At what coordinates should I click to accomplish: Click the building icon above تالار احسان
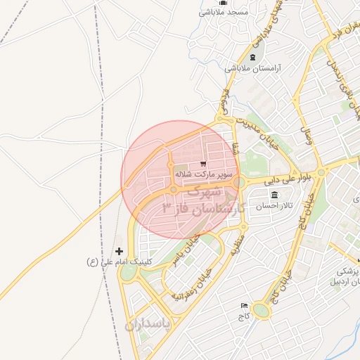pos(274,195)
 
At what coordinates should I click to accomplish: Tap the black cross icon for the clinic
pos(119,251)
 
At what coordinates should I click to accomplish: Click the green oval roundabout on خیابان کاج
pos(261,310)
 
